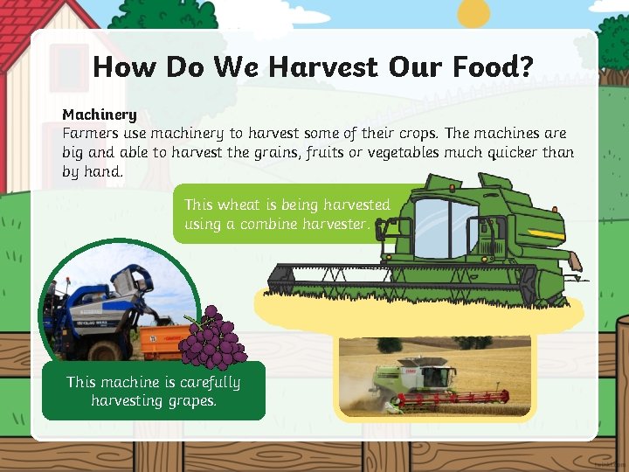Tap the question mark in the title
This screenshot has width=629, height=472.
click(x=525, y=67)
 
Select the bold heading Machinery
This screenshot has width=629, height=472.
click(x=100, y=115)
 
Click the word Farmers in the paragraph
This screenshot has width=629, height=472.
click(x=92, y=134)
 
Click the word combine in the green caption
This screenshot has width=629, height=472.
click(x=267, y=225)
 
